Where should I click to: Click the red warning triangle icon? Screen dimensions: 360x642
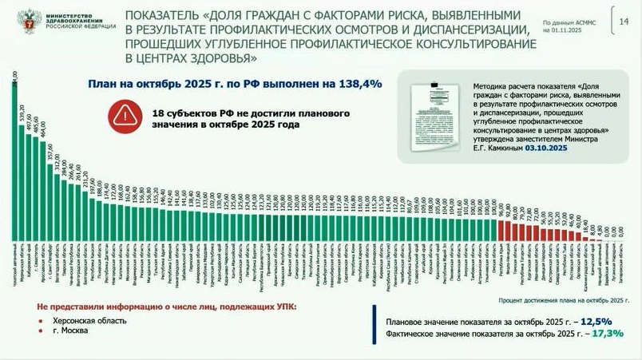[125, 115]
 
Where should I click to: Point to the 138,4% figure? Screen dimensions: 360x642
[364, 83]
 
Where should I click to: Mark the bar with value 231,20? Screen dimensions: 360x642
[85, 220]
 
